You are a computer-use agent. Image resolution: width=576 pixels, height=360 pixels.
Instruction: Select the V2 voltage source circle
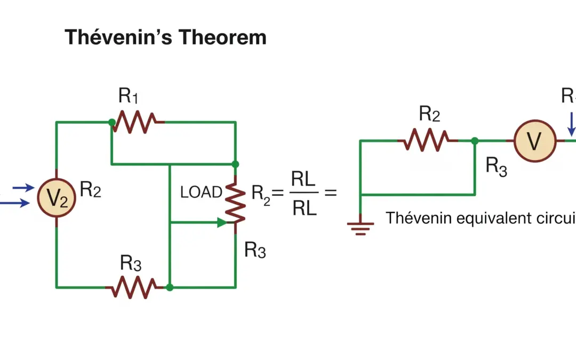click(x=57, y=197)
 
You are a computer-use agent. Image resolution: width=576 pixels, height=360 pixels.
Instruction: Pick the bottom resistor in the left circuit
click(x=133, y=287)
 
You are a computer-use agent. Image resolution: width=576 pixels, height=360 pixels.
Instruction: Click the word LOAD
click(x=201, y=193)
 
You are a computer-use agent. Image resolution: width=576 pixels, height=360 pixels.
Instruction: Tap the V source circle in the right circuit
click(x=534, y=141)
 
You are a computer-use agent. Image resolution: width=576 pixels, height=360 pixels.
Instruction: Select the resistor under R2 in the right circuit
click(x=427, y=140)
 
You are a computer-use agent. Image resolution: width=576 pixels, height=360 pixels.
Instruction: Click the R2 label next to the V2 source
click(x=90, y=189)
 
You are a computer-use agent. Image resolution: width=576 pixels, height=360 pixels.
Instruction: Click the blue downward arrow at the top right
click(x=571, y=123)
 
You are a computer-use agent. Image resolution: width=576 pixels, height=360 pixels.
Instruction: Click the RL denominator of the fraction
click(x=304, y=208)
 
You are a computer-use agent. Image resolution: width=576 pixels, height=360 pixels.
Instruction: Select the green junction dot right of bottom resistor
click(x=170, y=287)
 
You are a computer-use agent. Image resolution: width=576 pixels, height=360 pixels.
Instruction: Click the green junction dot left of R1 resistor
click(x=111, y=122)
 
